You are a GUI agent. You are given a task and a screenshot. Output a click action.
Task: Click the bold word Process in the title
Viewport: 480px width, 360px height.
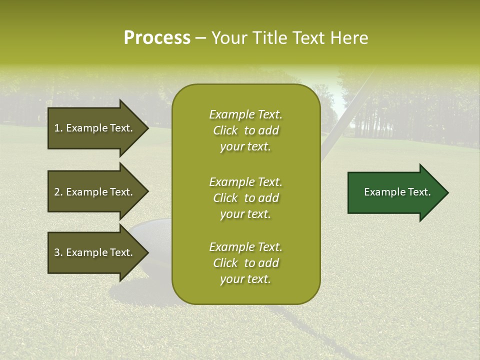157,38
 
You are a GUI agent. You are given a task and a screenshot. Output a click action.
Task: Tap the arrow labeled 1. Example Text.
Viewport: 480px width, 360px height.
95,128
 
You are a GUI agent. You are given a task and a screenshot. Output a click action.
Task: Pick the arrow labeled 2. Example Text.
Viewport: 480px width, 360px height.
95,192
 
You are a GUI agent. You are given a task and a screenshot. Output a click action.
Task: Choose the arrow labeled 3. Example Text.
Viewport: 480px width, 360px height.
95,252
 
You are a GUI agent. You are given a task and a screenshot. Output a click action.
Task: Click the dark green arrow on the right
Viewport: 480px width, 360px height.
395,192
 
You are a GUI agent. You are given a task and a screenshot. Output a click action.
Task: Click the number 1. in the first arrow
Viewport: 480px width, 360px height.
58,128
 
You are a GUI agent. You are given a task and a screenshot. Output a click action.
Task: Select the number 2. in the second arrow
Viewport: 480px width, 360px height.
58,192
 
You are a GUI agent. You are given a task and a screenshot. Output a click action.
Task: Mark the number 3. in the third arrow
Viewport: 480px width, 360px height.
58,252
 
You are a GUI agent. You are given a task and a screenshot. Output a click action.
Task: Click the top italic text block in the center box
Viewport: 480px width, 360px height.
245,130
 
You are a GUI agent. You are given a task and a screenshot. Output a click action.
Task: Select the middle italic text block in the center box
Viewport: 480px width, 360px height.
245,198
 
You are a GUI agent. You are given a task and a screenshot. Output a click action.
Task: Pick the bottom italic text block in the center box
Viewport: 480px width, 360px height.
245,263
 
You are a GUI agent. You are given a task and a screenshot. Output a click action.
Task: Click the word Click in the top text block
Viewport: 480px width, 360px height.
225,131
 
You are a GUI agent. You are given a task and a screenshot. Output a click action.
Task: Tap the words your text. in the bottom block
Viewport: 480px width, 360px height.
245,279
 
